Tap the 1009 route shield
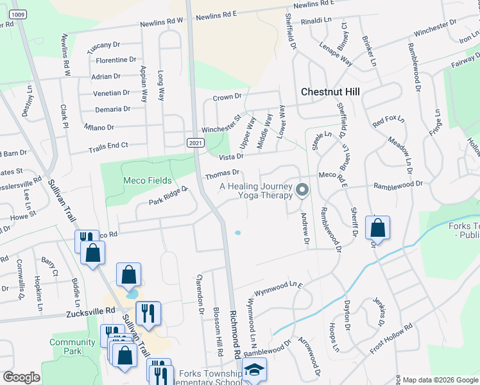tap(19, 15)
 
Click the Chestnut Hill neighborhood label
tap(331, 92)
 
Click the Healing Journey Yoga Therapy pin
tap(303, 191)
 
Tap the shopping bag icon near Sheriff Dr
tap(377, 228)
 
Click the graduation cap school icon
tap(254, 370)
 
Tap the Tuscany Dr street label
tap(103, 45)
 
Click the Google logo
tap(21, 377)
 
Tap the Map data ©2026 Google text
tap(440, 380)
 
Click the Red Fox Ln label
tap(388, 120)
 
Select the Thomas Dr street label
tap(222, 173)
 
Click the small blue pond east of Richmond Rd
tap(238, 232)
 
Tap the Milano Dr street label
tap(98, 127)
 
